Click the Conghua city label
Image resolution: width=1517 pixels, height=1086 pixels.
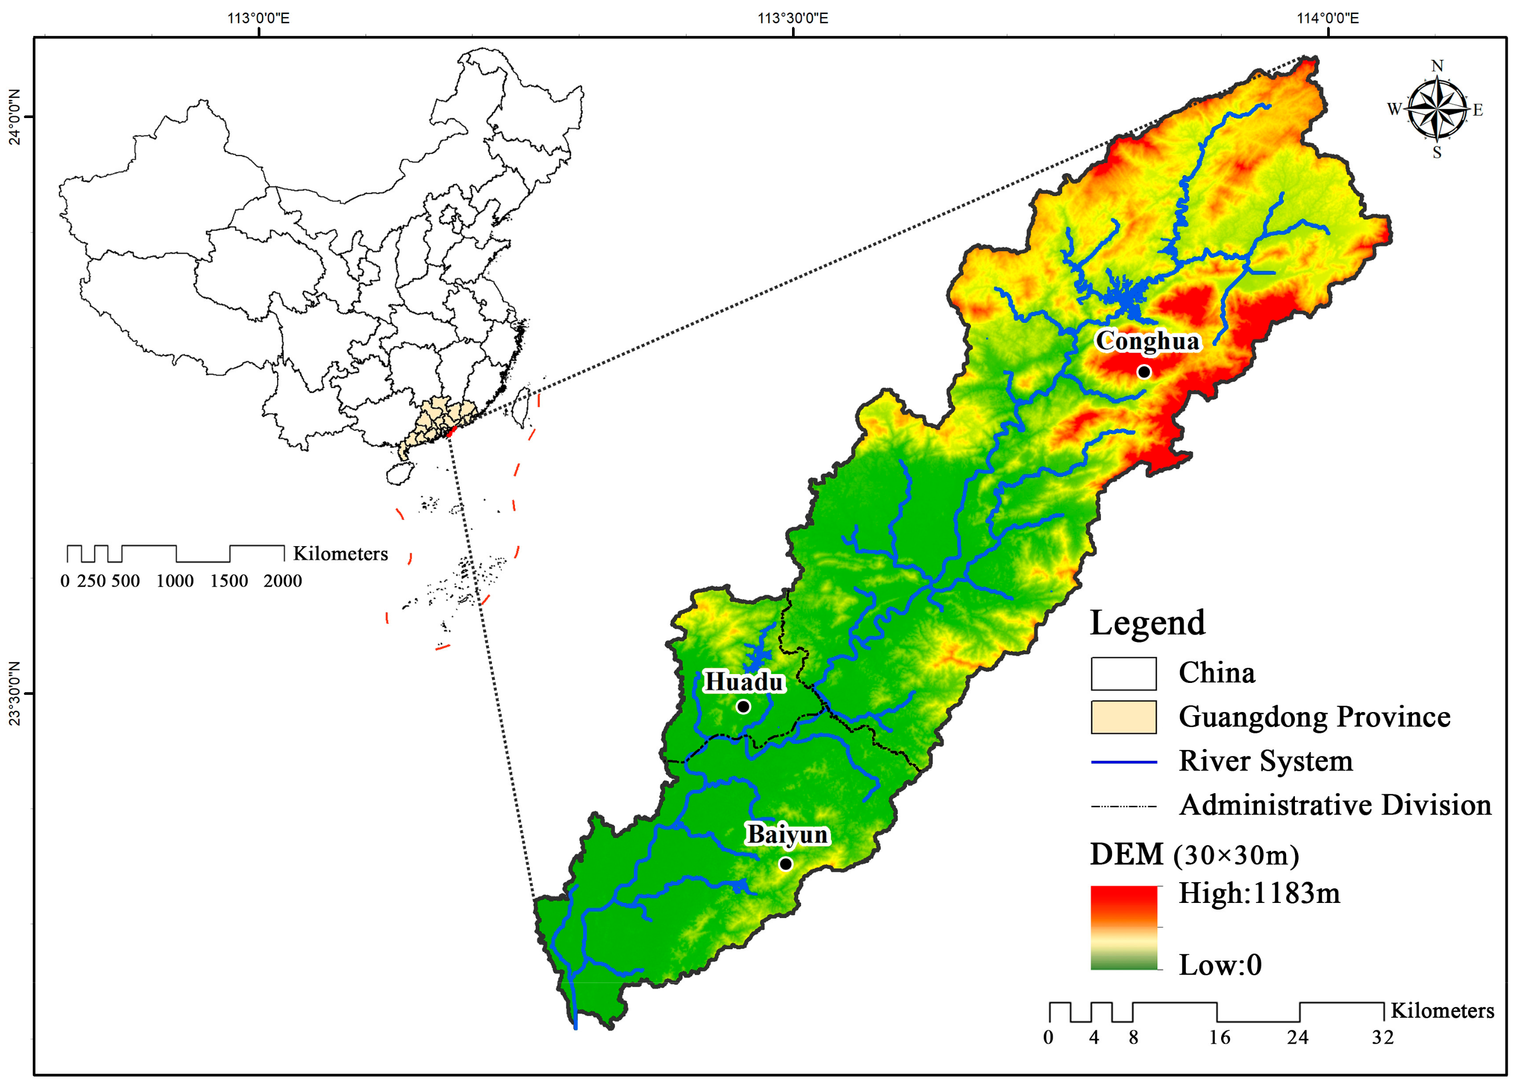(x=1147, y=341)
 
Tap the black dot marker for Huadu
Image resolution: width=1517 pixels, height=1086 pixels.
(x=743, y=707)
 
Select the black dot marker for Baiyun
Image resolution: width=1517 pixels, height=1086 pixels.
(x=786, y=864)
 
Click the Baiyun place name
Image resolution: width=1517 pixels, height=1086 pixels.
(x=787, y=835)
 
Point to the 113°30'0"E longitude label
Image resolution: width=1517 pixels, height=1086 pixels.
(x=792, y=18)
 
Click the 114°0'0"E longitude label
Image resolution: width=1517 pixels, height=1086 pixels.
(x=1327, y=18)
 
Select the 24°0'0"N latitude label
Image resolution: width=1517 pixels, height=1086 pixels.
(x=14, y=117)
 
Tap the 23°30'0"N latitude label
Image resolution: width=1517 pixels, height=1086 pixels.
(x=14, y=693)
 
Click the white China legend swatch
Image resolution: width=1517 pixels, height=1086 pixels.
(x=1123, y=674)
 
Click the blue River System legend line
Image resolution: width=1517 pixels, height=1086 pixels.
(x=1123, y=761)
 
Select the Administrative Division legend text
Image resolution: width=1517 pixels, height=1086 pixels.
(x=1334, y=805)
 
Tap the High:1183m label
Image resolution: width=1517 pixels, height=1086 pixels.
(x=1258, y=894)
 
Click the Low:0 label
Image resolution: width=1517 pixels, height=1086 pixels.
(x=1220, y=965)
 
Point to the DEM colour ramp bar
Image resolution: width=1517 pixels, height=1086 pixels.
(x=1123, y=928)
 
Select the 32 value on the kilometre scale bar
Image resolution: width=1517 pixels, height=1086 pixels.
(x=1383, y=1038)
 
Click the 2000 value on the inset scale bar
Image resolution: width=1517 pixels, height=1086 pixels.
(x=282, y=581)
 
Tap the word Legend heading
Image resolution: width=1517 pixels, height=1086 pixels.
(x=1147, y=623)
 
